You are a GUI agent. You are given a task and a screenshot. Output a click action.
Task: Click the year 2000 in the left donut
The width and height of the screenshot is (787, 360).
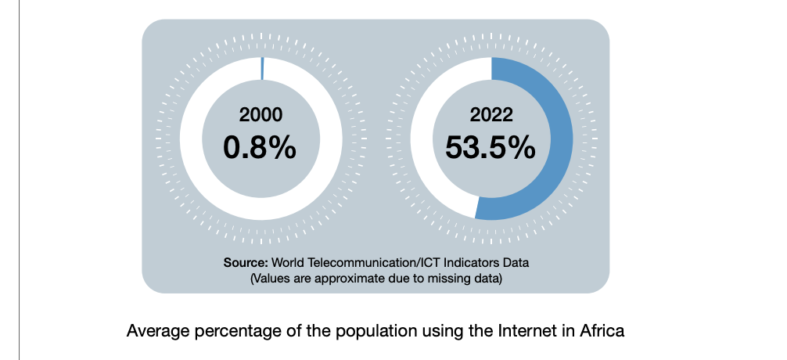(x=261, y=115)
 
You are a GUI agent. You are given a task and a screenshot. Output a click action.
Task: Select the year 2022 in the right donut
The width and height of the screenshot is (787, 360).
(x=491, y=115)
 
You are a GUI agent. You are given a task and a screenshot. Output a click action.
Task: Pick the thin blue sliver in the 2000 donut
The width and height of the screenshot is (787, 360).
(x=262, y=68)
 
